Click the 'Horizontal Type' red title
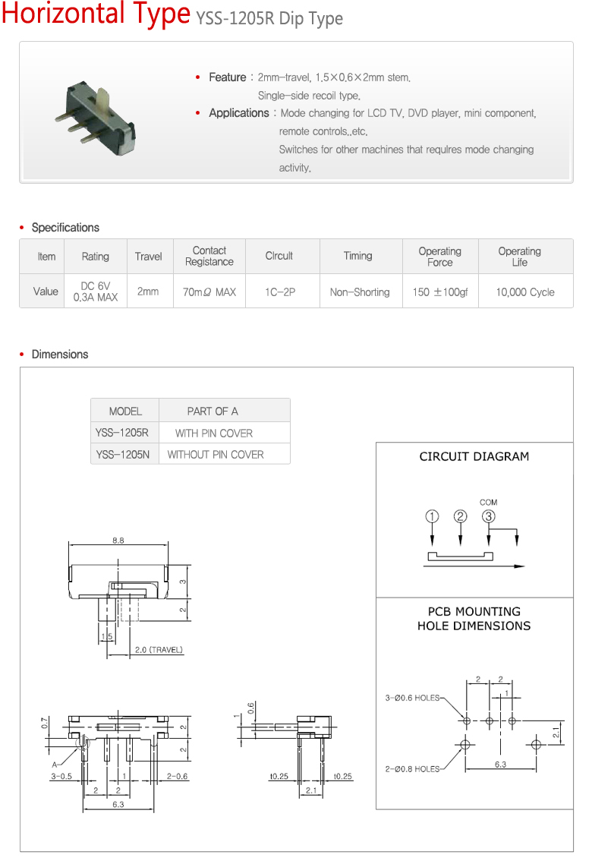(x=96, y=14)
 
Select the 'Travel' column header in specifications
(x=148, y=257)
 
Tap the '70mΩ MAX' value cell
(x=209, y=292)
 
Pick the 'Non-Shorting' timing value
(x=360, y=292)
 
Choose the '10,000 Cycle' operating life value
(x=525, y=292)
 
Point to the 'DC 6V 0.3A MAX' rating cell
(x=96, y=292)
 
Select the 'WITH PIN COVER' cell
(x=214, y=434)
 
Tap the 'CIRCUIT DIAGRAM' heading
(x=474, y=457)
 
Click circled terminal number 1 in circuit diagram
(x=432, y=517)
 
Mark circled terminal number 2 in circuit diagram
(x=461, y=517)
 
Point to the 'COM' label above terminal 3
(x=489, y=503)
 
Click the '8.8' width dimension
(x=118, y=541)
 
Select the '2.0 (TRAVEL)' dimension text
(x=159, y=650)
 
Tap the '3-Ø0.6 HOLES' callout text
(x=412, y=698)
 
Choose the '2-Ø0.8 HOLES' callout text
(x=412, y=769)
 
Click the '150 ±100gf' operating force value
(x=440, y=292)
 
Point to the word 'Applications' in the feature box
(x=239, y=113)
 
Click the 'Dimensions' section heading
(x=60, y=355)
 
